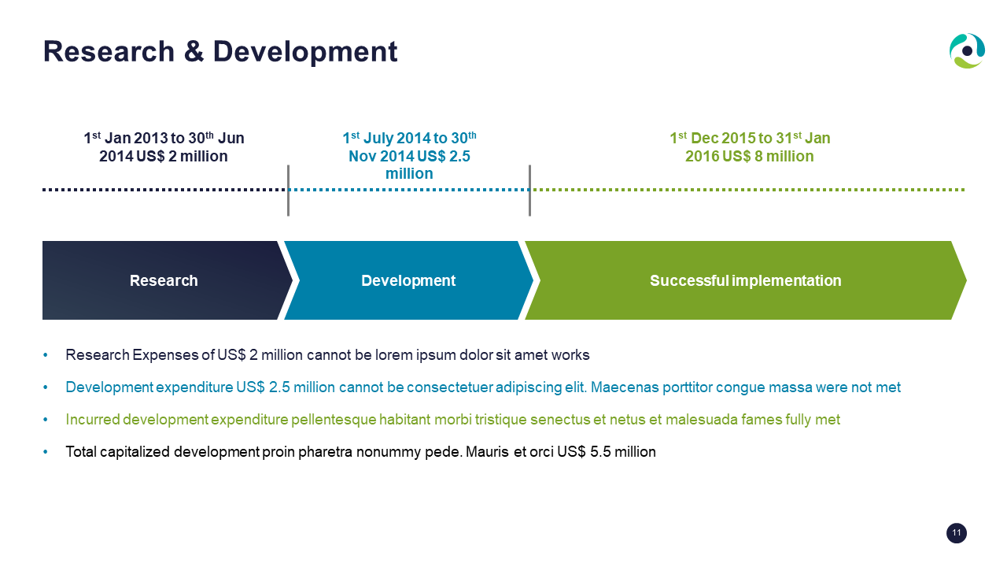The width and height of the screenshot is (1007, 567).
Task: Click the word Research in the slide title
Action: pyautogui.click(x=109, y=51)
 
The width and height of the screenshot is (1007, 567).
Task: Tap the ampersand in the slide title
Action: pyautogui.click(x=194, y=51)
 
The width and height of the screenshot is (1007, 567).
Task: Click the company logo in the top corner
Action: pyautogui.click(x=967, y=51)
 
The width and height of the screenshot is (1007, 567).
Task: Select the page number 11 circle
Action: pyautogui.click(x=956, y=533)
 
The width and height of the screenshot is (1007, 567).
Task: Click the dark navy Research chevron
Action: pyautogui.click(x=164, y=280)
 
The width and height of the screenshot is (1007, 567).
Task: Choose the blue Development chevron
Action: pyautogui.click(x=408, y=280)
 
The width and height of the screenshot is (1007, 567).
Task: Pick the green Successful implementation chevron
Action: pyautogui.click(x=745, y=280)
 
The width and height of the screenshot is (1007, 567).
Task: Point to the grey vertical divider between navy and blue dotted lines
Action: pyautogui.click(x=288, y=191)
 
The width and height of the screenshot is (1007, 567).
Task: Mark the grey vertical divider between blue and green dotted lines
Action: pyautogui.click(x=529, y=191)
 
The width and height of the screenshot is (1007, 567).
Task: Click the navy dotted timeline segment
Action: pyautogui.click(x=164, y=190)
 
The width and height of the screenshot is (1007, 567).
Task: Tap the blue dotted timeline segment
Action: pyautogui.click(x=409, y=190)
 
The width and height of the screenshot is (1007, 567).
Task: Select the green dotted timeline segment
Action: pyautogui.click(x=748, y=190)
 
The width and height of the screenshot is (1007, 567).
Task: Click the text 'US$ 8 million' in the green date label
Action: pyautogui.click(x=768, y=156)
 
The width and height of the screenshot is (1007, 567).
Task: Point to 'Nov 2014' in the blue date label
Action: pyautogui.click(x=381, y=156)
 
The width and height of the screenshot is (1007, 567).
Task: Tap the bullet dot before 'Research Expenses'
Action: pyautogui.click(x=46, y=355)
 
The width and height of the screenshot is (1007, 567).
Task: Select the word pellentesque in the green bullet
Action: pyautogui.click(x=333, y=420)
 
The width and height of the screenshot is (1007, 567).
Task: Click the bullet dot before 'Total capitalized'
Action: pyautogui.click(x=46, y=452)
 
